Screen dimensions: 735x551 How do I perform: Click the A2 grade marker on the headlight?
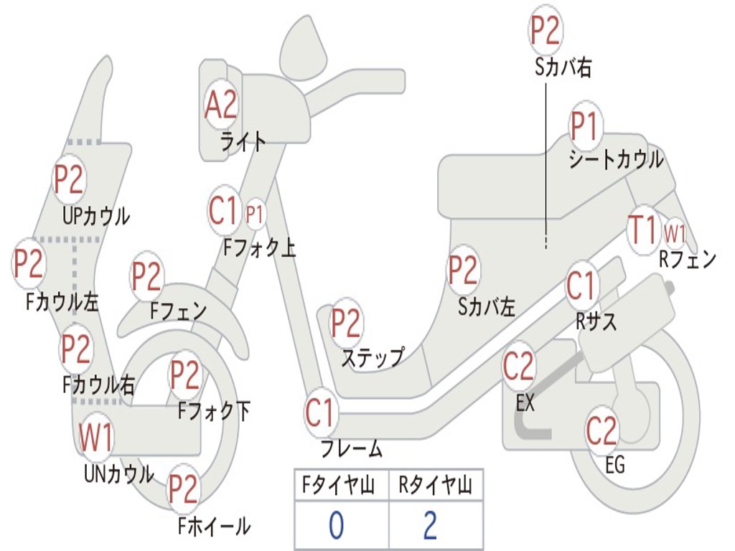[x=220, y=105]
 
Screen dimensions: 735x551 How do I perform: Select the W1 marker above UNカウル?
[x=95, y=438]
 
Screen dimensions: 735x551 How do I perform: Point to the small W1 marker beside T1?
[x=675, y=232]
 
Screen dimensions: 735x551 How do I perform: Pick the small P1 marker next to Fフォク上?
[x=255, y=214]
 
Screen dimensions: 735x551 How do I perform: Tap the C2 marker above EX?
[x=518, y=367]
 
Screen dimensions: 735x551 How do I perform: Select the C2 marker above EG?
[x=601, y=430]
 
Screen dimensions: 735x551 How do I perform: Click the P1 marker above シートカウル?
[x=584, y=128]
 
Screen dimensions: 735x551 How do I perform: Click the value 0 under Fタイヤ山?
[x=336, y=525]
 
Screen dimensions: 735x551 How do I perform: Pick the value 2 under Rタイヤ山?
[x=430, y=525]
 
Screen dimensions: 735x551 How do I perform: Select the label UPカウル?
[x=95, y=215]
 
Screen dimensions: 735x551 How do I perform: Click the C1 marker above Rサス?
[x=581, y=286]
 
